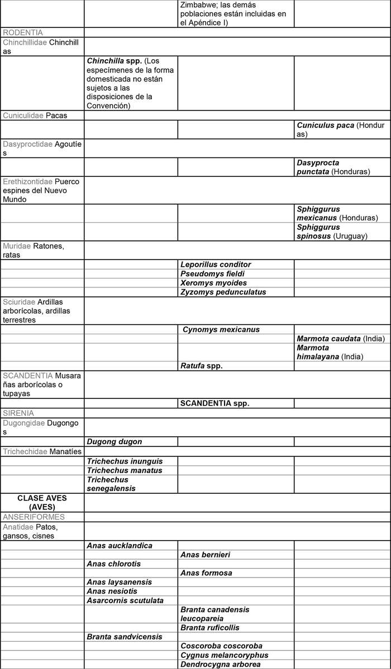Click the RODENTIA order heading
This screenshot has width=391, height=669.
(x=23, y=32)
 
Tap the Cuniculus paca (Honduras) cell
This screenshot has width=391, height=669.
(x=341, y=129)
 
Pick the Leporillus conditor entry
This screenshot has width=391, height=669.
(x=216, y=264)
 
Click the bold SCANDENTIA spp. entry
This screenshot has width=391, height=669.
(x=214, y=403)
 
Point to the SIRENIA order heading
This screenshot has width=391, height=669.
(x=18, y=413)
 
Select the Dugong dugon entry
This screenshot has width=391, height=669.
(x=114, y=441)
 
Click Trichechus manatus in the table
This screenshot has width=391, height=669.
(x=125, y=470)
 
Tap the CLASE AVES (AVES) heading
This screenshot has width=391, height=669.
(x=43, y=502)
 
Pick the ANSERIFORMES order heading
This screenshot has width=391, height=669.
(x=34, y=517)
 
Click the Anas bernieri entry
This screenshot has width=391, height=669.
(x=206, y=555)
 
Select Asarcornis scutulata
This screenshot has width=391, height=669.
(x=125, y=600)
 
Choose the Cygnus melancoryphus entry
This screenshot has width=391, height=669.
(x=225, y=655)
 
